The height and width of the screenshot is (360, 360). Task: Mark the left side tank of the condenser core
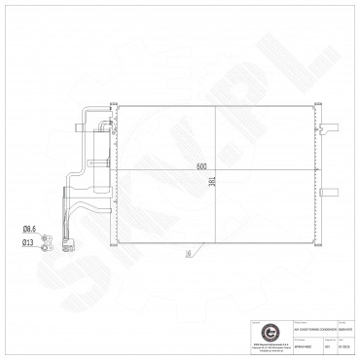(115, 173)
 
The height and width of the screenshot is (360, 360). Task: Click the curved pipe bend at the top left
(83, 120)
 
